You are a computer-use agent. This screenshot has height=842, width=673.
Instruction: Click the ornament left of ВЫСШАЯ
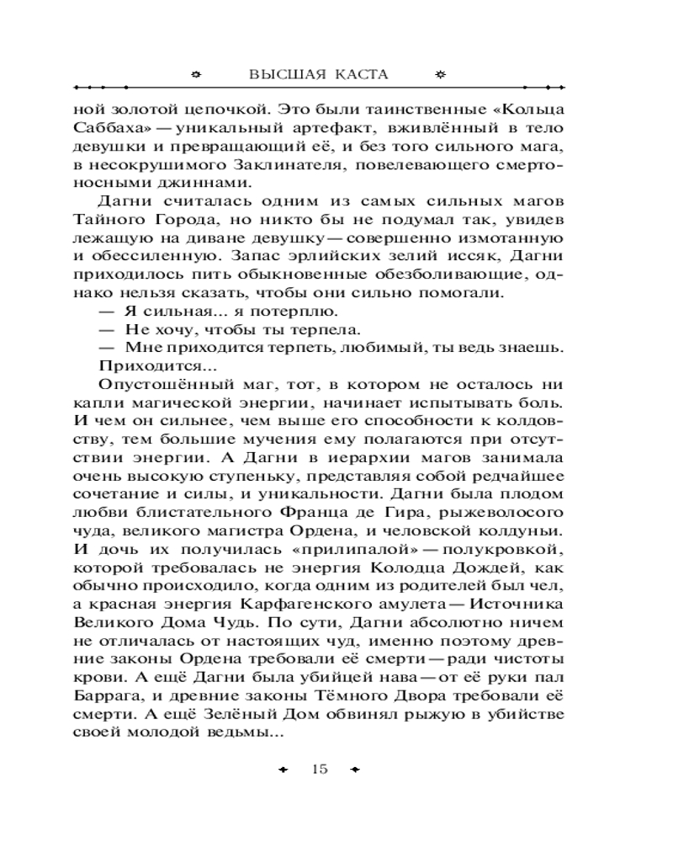(197, 74)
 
